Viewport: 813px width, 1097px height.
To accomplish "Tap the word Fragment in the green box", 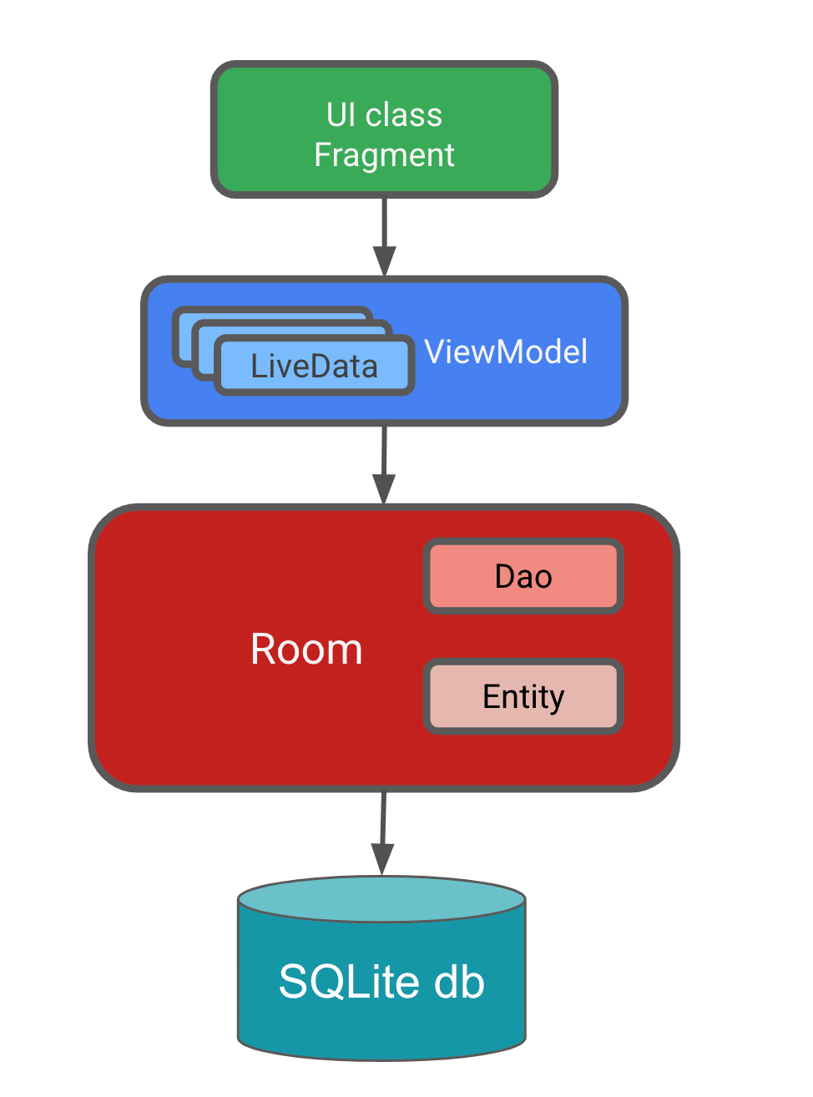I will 384,155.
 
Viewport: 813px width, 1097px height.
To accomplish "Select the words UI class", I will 384,114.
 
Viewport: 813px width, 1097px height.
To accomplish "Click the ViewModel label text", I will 506,351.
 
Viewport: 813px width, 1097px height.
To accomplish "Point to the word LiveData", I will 314,367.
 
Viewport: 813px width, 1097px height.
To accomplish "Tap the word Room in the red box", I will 306,649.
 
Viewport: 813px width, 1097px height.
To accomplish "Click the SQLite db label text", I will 381,982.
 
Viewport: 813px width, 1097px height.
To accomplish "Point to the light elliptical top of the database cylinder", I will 381,900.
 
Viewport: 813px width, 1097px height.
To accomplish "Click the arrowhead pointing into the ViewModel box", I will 384,261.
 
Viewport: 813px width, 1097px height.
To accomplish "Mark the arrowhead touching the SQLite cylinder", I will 381,859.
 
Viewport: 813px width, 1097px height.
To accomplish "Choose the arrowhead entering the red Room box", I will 383,489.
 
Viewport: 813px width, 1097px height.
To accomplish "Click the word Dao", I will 523,577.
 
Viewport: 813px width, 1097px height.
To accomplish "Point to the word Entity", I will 523,697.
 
